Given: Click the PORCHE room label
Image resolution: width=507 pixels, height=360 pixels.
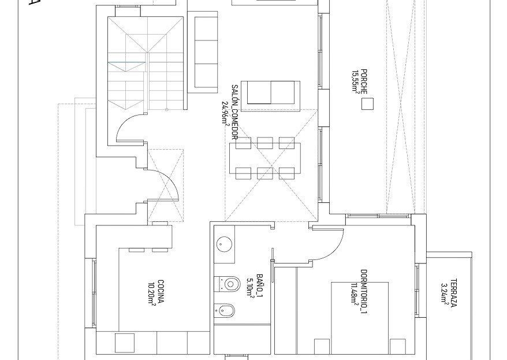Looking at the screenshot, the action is tap(364, 81).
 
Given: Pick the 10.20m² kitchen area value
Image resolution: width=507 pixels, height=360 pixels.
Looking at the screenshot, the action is tap(152, 294).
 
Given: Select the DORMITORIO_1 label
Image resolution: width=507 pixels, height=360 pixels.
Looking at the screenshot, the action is tap(364, 292).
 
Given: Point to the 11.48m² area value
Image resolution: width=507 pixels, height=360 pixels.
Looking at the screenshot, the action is tap(355, 295).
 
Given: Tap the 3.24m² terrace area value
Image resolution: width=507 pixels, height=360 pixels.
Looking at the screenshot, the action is tap(445, 294).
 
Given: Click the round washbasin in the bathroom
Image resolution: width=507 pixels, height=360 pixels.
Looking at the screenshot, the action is tap(223, 244).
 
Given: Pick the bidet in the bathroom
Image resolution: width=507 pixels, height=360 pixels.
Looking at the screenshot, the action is tap(225, 310).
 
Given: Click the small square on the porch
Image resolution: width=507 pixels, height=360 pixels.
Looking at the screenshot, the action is tap(367, 104).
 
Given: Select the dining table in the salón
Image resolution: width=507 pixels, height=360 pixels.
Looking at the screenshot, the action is tap(265, 158).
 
